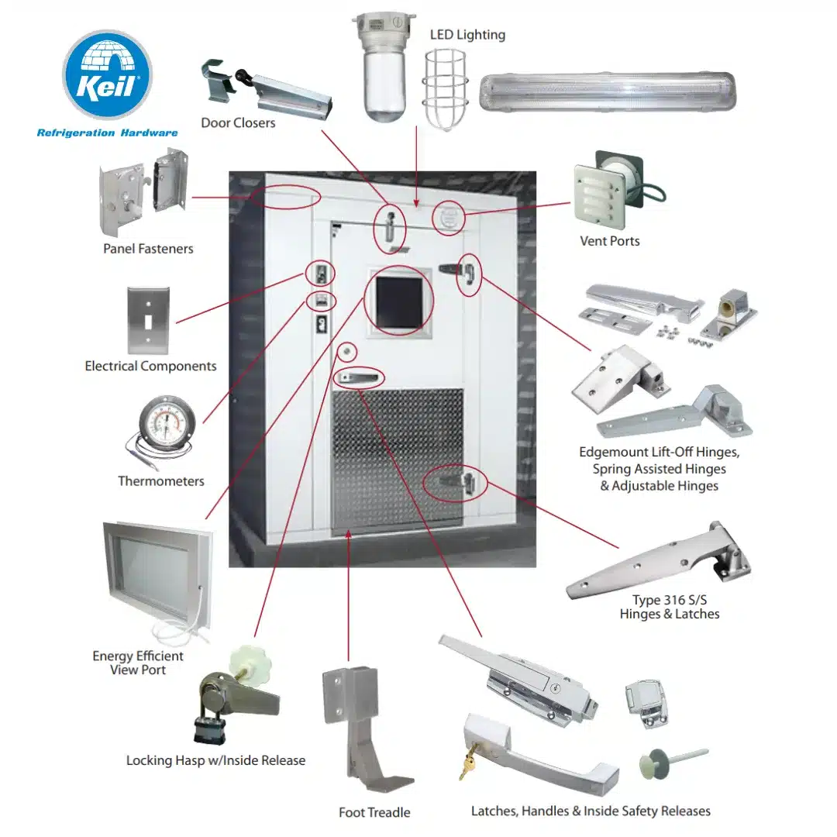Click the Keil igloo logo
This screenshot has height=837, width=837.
(x=107, y=74)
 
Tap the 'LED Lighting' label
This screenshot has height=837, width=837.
(x=467, y=35)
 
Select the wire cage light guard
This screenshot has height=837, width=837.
(x=445, y=90)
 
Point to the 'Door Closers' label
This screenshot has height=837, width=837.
(x=238, y=122)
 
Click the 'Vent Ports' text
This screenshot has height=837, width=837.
(x=610, y=241)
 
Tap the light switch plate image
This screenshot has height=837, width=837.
(x=148, y=320)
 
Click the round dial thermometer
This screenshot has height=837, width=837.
(x=166, y=421)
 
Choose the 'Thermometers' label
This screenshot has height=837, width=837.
(x=161, y=481)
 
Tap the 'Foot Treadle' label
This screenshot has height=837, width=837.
(x=374, y=812)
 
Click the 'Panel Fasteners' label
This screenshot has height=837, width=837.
(x=148, y=249)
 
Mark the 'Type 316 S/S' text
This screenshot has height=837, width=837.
(x=670, y=600)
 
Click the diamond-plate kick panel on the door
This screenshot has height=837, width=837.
(x=397, y=459)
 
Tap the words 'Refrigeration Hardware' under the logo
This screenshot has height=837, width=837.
(x=107, y=133)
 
